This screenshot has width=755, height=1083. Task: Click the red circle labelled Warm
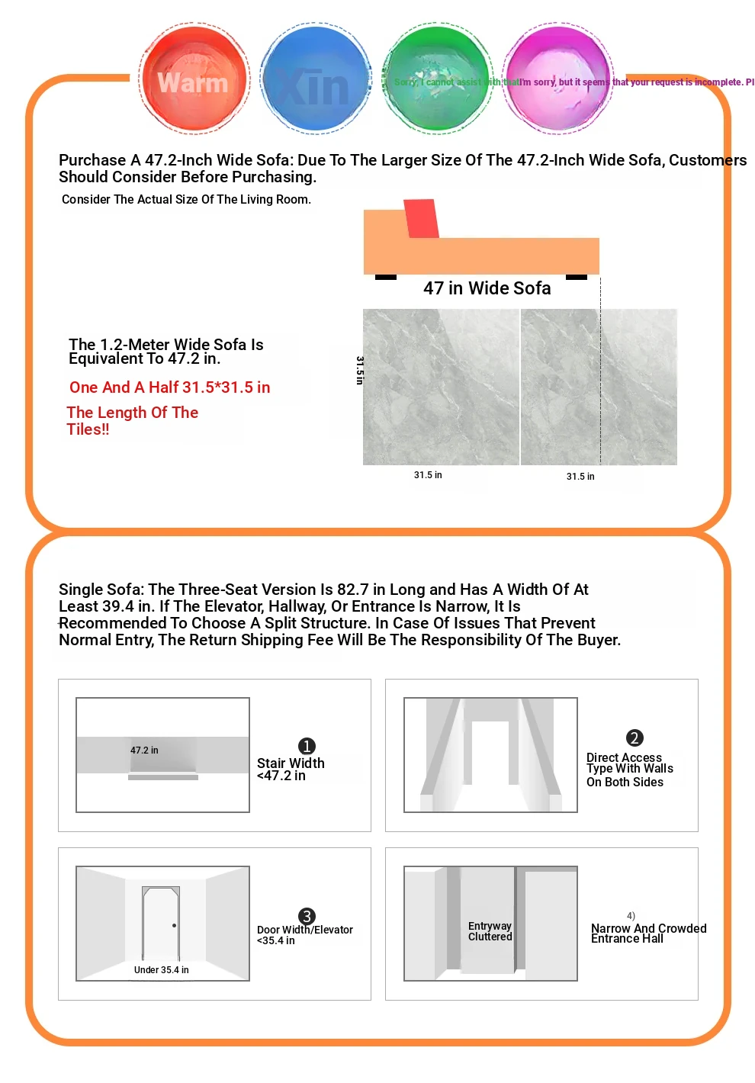194,79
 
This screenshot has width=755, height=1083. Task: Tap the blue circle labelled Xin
315,79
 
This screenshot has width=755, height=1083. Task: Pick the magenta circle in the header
558,79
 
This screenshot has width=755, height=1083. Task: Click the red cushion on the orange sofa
421,218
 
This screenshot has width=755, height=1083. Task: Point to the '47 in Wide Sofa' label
487,288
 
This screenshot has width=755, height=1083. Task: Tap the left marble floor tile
441,387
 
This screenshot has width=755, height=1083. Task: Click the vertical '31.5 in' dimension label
360,370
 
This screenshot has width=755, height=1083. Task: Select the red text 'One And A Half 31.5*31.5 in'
169,387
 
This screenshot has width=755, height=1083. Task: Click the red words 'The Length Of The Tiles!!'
132,420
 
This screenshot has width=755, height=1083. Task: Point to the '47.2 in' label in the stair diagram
144,750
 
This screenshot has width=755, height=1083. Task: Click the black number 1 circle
307,746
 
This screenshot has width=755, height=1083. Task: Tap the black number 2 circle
635,738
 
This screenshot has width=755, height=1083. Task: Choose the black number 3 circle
307,916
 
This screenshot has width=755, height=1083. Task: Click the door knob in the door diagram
175,926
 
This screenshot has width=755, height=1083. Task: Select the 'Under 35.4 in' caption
161,970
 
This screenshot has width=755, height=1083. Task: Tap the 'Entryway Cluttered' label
490,931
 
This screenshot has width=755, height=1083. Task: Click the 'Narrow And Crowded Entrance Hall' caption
648,934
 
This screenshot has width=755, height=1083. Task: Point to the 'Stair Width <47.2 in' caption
291,769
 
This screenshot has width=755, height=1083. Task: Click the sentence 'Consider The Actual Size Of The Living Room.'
186,200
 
